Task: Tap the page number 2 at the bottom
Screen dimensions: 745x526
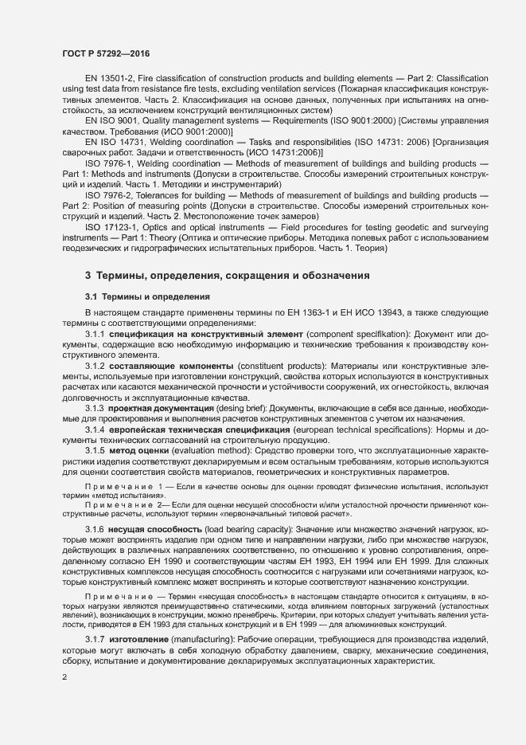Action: click(x=64, y=677)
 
